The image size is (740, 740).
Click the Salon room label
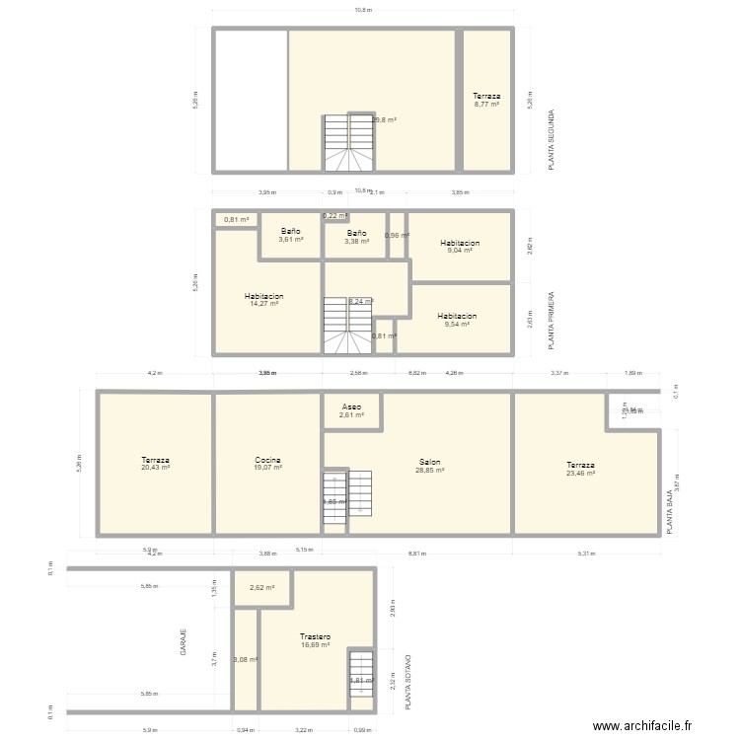(429, 461)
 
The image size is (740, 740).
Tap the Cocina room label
(267, 461)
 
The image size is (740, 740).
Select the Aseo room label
(351, 407)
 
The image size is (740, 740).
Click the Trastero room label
(316, 637)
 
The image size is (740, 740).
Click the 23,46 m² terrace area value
(580, 473)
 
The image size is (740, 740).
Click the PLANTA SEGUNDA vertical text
(552, 140)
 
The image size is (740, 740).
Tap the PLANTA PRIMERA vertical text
(552, 321)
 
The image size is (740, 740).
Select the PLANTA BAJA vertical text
(670, 514)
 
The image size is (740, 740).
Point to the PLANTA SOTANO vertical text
(409, 682)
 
